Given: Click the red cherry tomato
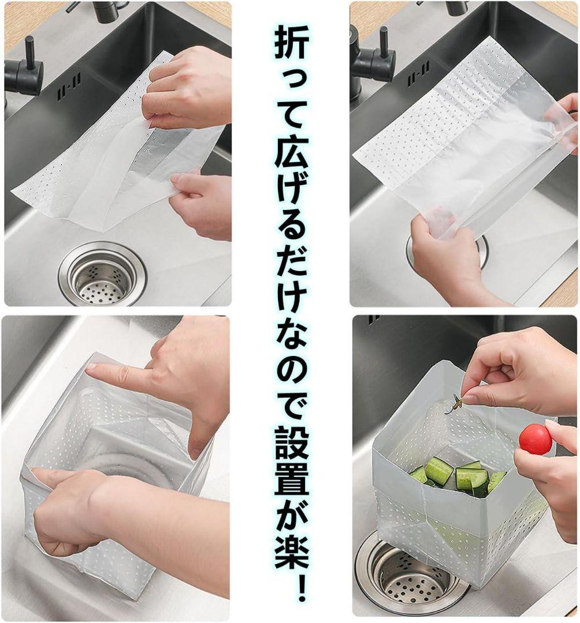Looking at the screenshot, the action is point(534,438).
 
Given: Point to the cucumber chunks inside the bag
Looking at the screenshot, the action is point(458,476).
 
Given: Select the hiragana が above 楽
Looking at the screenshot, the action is point(291,519).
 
